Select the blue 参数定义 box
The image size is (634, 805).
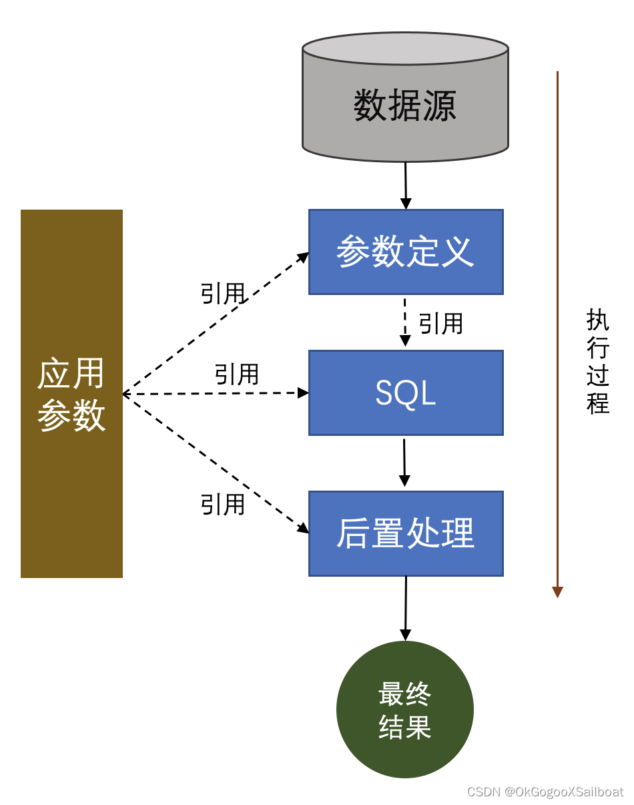(405, 252)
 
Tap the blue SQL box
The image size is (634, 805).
(405, 392)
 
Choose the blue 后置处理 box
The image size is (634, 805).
(405, 533)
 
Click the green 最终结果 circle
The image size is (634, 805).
(405, 710)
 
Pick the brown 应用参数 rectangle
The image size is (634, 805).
(71, 394)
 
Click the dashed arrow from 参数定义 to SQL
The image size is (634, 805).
(405, 320)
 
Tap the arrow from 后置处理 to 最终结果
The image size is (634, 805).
(405, 607)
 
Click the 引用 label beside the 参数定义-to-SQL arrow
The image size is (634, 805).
(440, 324)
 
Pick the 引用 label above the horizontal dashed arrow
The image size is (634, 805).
(236, 374)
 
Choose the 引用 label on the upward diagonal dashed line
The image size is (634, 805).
(223, 294)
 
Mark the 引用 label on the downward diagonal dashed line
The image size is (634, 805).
(223, 505)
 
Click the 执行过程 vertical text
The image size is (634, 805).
(598, 361)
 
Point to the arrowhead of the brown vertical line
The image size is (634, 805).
(558, 592)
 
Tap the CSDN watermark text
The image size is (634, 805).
(545, 792)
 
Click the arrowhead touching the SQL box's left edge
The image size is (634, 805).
(304, 393)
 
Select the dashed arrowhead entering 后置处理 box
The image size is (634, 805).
(304, 529)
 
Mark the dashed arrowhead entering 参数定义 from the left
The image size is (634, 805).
(304, 256)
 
